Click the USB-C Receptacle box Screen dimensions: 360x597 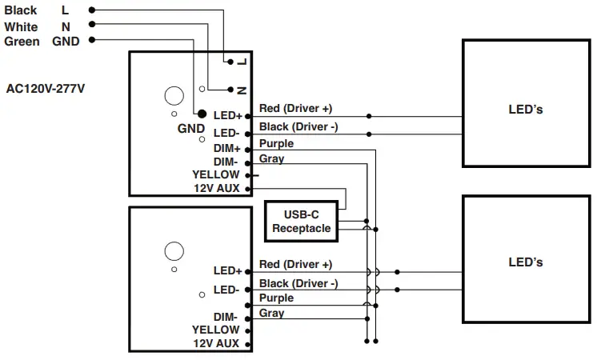pyautogui.click(x=300, y=222)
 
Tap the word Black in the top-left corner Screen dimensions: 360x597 pyautogui.click(x=21, y=10)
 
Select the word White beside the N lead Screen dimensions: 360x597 pyautogui.click(x=21, y=26)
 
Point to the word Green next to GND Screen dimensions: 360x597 pyautogui.click(x=22, y=42)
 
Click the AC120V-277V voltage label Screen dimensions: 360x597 pyautogui.click(x=46, y=89)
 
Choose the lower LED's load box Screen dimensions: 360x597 pyautogui.click(x=525, y=262)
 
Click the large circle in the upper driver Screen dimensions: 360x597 pyautogui.click(x=174, y=96)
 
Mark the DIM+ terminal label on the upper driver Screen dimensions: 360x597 pyautogui.click(x=226, y=149)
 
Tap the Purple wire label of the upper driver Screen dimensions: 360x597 pyautogui.click(x=276, y=144)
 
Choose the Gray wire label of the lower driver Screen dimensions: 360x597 pyautogui.click(x=271, y=313)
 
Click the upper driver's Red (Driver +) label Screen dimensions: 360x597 pyautogui.click(x=295, y=108)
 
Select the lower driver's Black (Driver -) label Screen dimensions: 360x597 pyautogui.click(x=298, y=284)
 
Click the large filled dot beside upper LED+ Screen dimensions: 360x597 pyautogui.click(x=202, y=115)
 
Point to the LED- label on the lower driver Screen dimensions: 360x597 pyautogui.click(x=226, y=290)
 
